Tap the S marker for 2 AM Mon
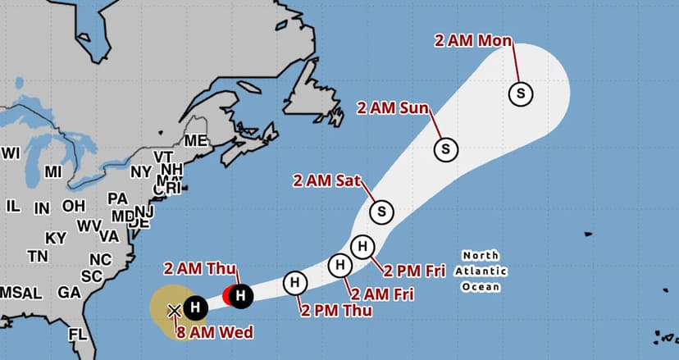click(520, 93)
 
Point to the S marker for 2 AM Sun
click(445, 149)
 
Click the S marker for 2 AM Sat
click(381, 212)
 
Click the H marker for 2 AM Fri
click(339, 264)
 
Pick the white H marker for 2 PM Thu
click(294, 283)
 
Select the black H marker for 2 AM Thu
click(240, 295)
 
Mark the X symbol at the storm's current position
click(174, 310)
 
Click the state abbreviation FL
click(78, 335)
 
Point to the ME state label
click(195, 141)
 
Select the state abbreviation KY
click(56, 238)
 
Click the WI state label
click(11, 153)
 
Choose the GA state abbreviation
click(69, 293)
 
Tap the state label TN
click(38, 256)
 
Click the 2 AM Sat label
click(326, 180)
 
